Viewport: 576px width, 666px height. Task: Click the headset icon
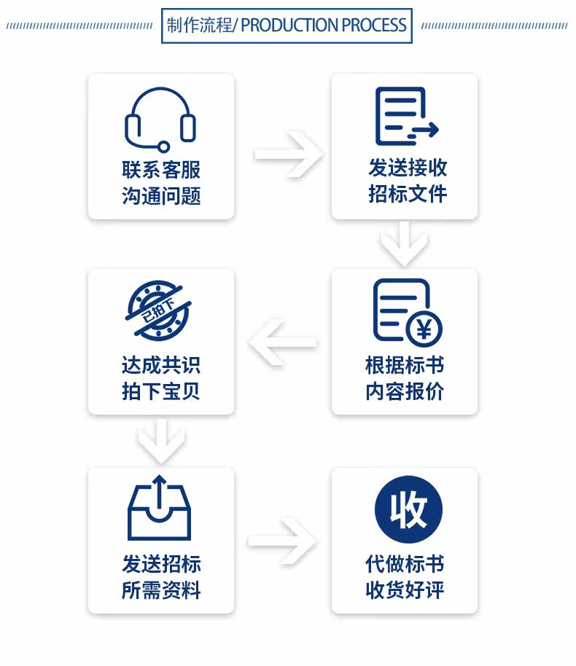[x=160, y=119]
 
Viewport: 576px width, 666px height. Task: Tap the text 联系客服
[x=161, y=170]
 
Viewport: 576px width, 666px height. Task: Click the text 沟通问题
[x=161, y=196]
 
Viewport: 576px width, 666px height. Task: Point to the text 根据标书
[x=405, y=364]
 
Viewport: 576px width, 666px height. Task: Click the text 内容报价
[x=405, y=391]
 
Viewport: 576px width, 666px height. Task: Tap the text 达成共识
[x=161, y=364]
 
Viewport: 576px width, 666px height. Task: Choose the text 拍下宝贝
[x=161, y=391]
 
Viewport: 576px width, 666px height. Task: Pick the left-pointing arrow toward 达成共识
[x=283, y=340]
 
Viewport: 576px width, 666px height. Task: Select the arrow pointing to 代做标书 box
[x=283, y=541]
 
